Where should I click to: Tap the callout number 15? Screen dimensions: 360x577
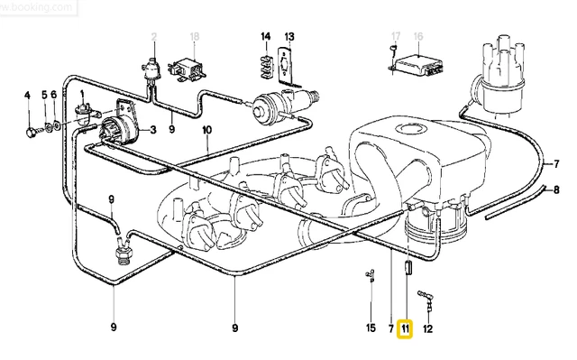371,328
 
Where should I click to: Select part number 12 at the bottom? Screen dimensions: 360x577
428,328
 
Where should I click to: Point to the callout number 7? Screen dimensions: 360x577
390,328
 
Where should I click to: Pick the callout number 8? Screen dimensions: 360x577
556,190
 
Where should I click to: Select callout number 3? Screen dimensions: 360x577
153,130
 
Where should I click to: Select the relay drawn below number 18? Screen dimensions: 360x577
192,68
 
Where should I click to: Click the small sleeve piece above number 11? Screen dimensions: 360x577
406,267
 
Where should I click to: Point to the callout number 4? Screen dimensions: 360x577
27,96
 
